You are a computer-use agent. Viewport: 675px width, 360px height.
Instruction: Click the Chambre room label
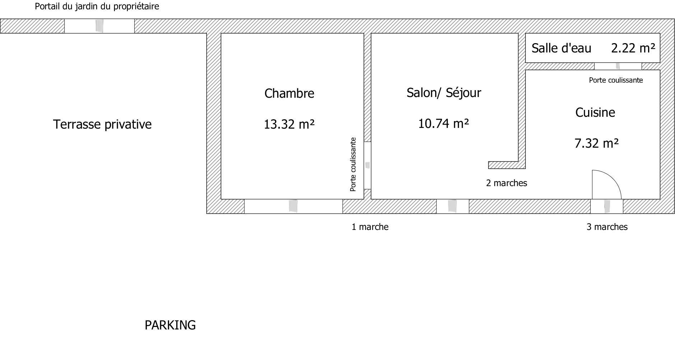(x=289, y=93)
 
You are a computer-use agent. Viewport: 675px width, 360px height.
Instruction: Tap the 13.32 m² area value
(x=289, y=124)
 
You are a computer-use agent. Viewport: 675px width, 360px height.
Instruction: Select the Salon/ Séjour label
(x=444, y=93)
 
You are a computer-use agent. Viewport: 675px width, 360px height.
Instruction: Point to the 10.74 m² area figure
(x=444, y=124)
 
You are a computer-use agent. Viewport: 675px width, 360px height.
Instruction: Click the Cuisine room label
(x=595, y=112)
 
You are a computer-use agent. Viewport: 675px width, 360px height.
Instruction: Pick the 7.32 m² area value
(x=597, y=143)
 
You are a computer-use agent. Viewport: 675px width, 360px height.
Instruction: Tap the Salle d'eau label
(x=562, y=48)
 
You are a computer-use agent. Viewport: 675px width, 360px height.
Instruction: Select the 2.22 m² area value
(x=633, y=48)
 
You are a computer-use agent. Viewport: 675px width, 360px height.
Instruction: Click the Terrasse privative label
(x=102, y=124)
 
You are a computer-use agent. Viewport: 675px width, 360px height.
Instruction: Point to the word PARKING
(x=170, y=325)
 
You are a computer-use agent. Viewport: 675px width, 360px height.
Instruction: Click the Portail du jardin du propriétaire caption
(x=97, y=6)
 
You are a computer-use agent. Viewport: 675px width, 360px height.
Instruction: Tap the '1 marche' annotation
(x=370, y=227)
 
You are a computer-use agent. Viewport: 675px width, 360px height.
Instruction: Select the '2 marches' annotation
(x=507, y=183)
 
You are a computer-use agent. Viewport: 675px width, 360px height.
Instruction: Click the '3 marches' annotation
(x=607, y=227)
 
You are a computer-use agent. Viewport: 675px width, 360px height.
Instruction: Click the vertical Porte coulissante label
(x=353, y=164)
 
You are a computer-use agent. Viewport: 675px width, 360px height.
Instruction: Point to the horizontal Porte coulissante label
(x=616, y=80)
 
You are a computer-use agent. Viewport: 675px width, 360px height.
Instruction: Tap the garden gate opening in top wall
(x=99, y=26)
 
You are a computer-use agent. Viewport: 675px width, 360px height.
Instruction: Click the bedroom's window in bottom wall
(x=293, y=206)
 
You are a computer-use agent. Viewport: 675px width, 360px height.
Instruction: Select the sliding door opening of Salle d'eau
(x=618, y=66)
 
